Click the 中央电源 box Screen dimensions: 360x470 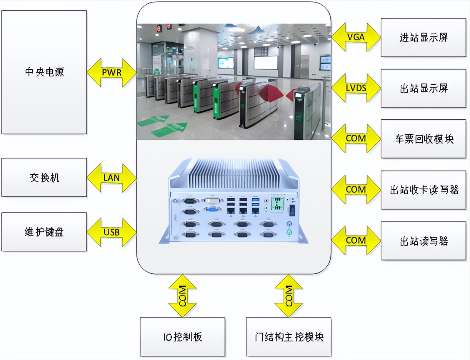44,72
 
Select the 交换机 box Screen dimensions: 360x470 44,177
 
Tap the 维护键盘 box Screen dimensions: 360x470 44,232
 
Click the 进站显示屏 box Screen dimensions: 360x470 423,37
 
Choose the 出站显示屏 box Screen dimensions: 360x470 423,88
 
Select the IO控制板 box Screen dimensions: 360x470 182,337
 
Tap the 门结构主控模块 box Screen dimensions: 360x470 289,337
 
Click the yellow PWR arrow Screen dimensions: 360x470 112,72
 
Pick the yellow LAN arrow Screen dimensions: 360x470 112,177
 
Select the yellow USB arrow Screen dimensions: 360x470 112,232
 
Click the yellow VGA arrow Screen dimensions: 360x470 356,37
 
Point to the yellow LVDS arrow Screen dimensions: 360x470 356,88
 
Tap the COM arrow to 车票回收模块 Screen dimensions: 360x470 356,139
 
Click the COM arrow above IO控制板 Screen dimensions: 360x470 182,296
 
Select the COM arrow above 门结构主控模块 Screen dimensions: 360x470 289,296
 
